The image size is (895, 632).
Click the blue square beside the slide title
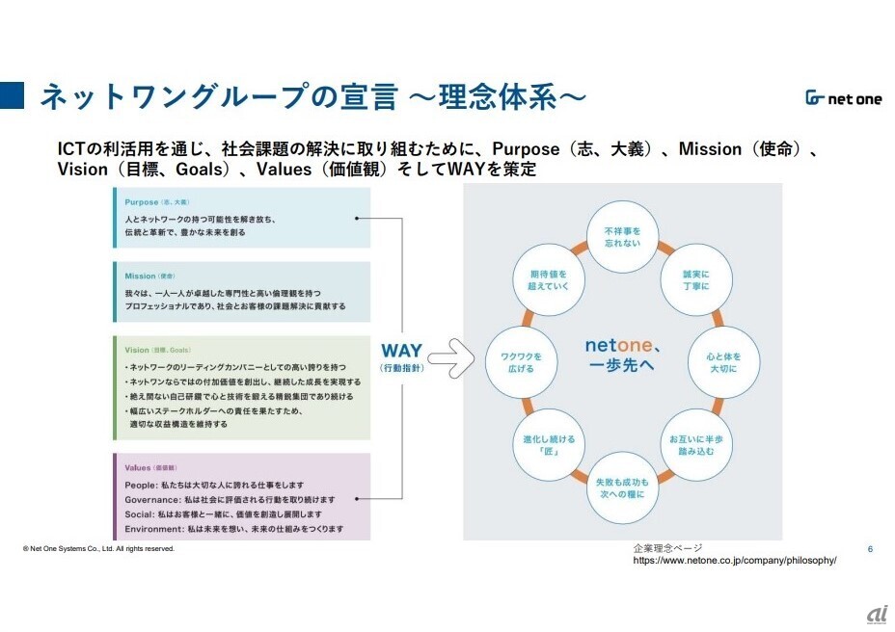(14, 96)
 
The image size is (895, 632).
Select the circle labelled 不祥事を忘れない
(622, 237)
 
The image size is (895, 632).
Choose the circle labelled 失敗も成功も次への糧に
(621, 487)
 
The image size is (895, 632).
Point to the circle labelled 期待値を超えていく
(547, 279)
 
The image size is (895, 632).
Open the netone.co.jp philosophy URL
(734, 560)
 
